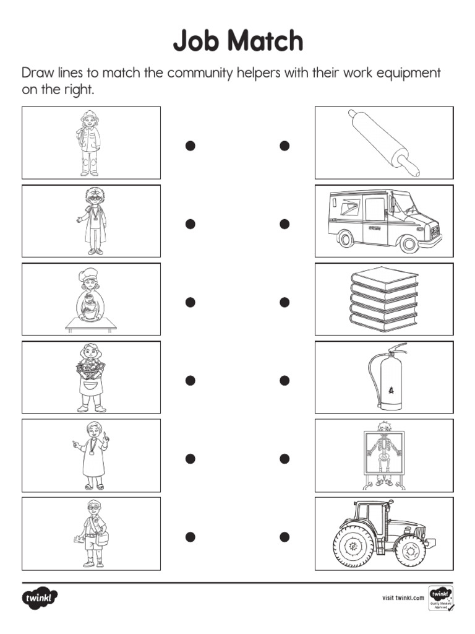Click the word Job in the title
pos(196,41)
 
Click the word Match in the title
pos(264,41)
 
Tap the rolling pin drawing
pos(383,143)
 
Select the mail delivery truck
pos(383,220)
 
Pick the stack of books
pos(383,299)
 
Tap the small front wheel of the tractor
pos(410,549)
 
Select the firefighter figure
pos(90,142)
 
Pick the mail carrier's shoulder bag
pos(101,537)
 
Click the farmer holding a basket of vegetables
pos(91,377)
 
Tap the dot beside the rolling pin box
pos(285,145)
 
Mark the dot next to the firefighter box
pos(190,145)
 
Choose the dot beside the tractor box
pos(285,536)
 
